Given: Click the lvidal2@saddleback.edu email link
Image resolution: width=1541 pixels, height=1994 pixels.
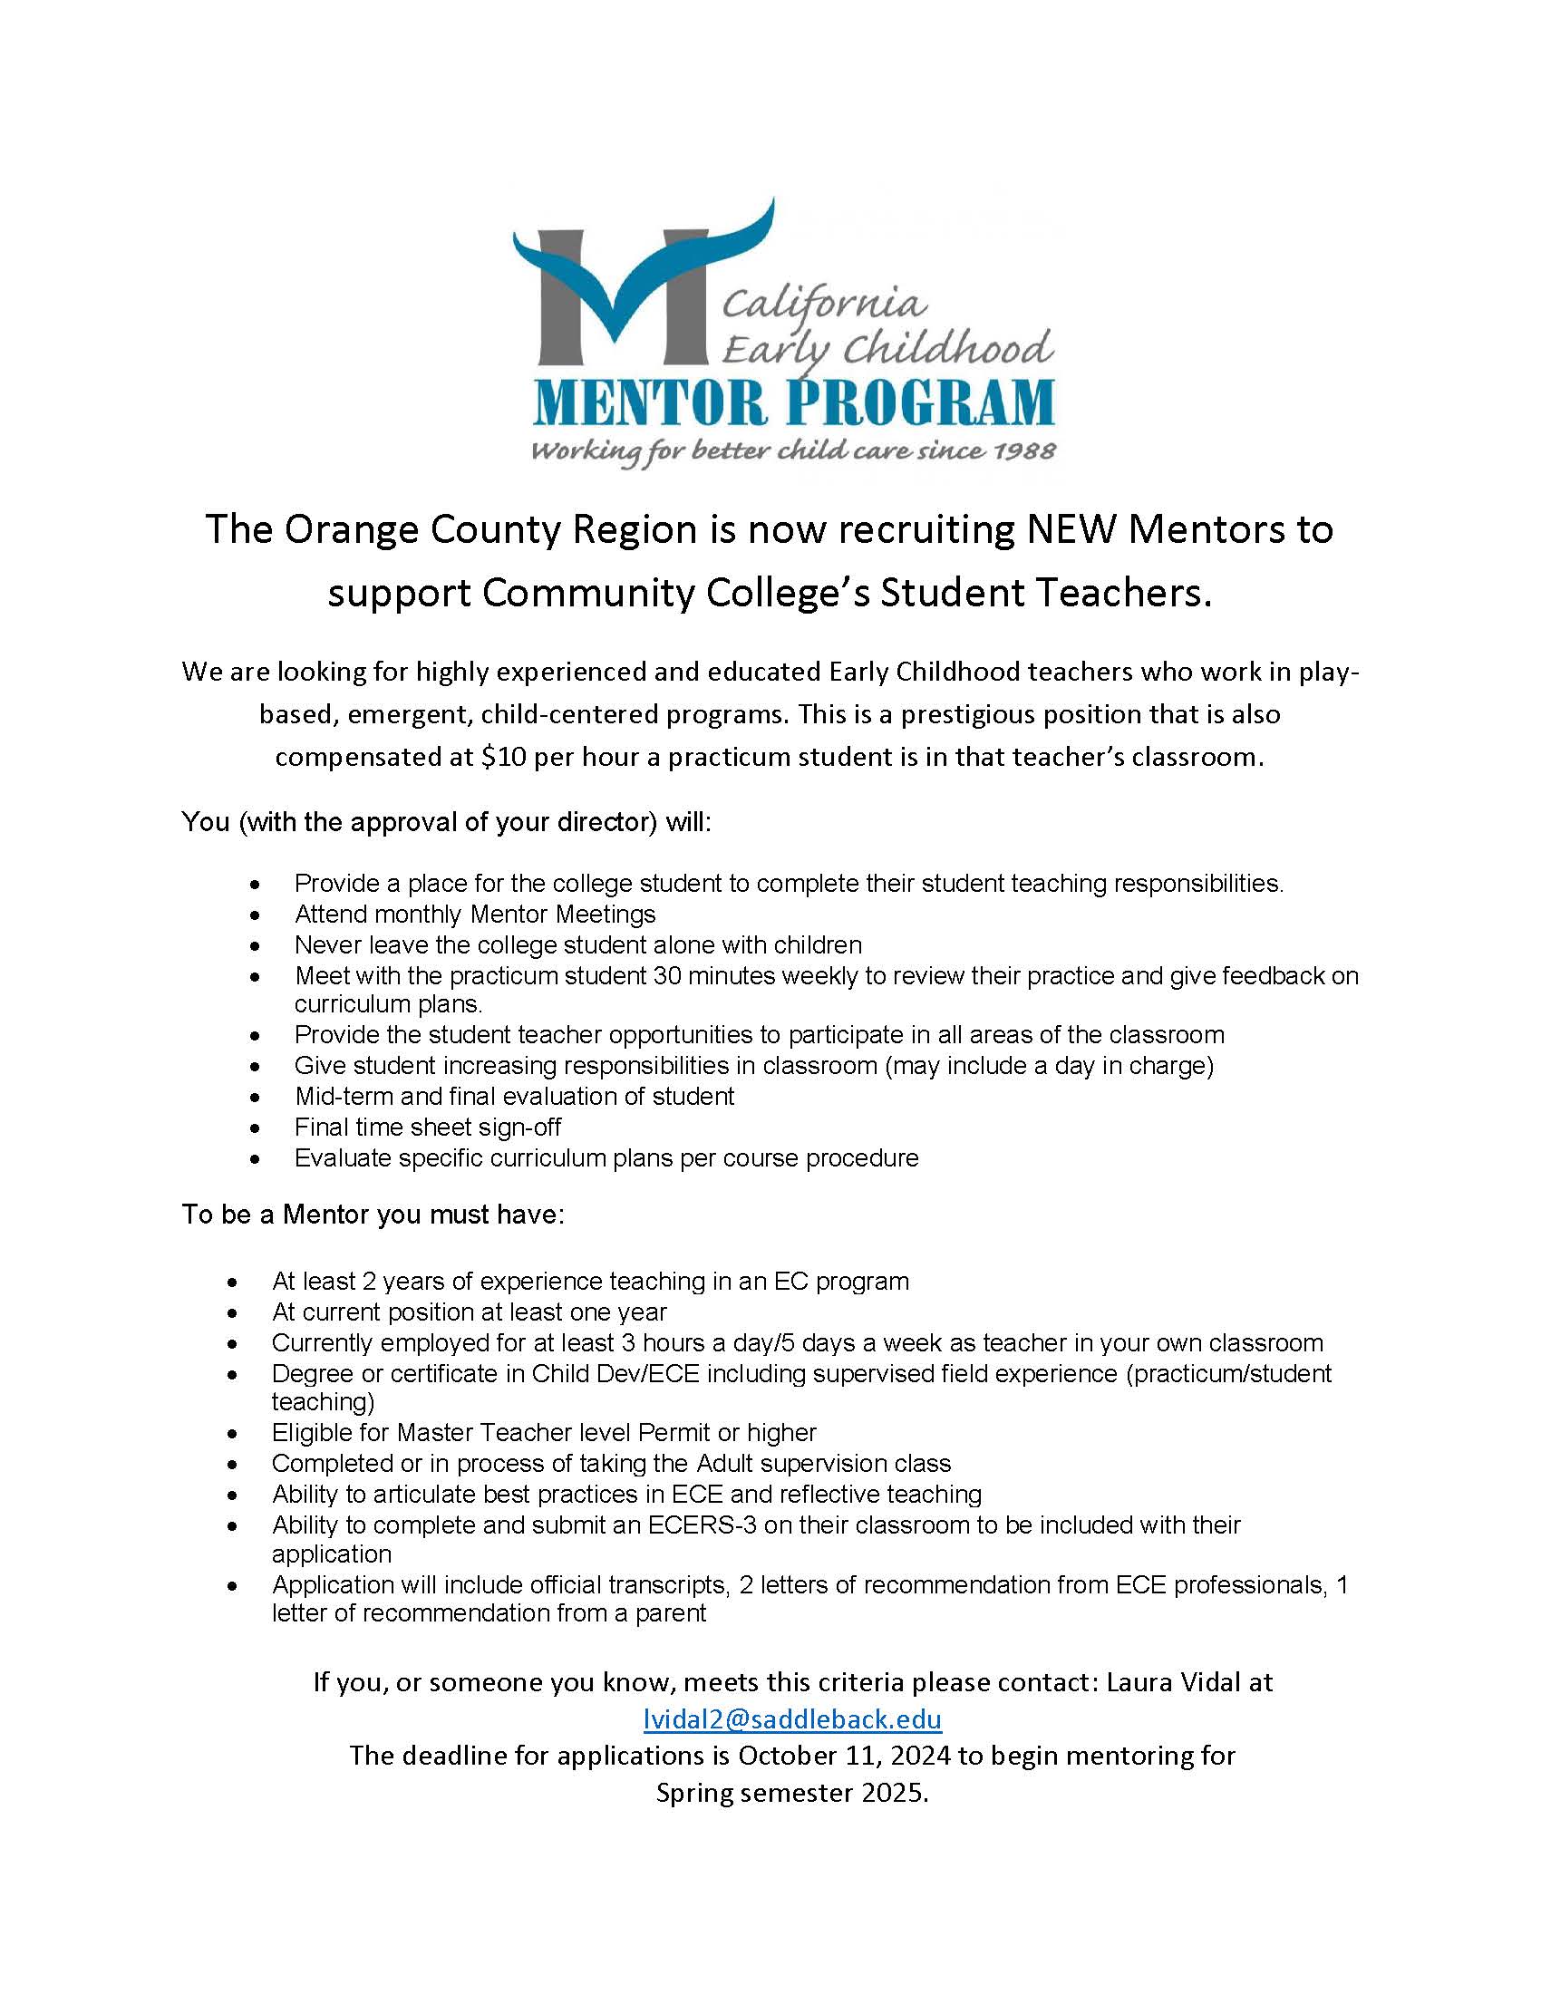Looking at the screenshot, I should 791,1719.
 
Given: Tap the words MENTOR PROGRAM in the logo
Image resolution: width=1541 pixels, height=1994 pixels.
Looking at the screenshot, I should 793,402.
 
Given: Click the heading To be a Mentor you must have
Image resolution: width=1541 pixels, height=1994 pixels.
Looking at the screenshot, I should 373,1215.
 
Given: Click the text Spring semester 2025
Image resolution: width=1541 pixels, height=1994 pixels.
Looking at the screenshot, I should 791,1793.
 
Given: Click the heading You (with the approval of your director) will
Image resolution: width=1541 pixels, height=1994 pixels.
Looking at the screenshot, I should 445,822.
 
